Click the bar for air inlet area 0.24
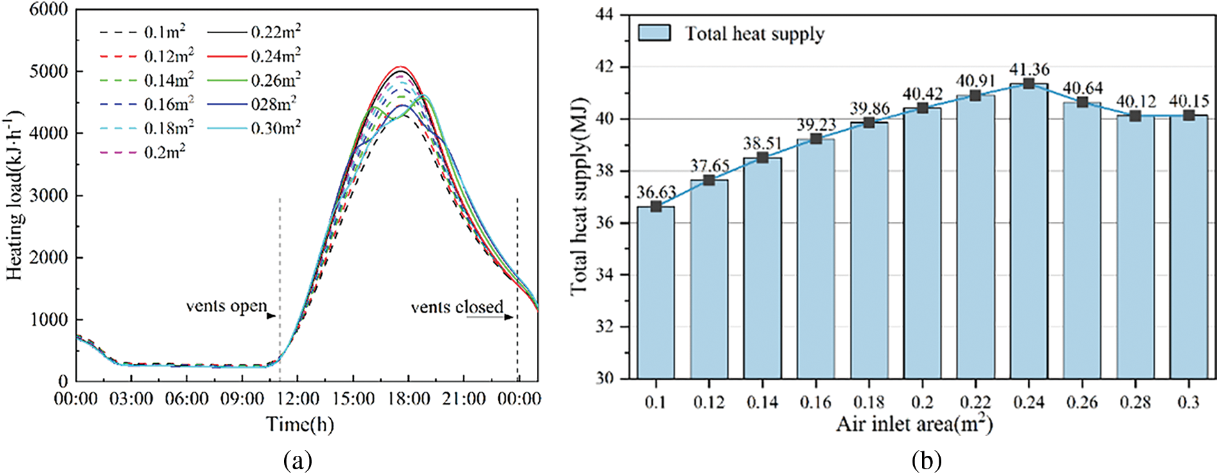(1029, 230)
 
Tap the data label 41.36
(1029, 69)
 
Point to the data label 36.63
(656, 192)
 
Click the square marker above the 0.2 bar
(922, 107)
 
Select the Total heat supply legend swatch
(654, 33)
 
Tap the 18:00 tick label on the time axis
(409, 400)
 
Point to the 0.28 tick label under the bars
(1135, 402)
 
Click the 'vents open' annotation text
(227, 306)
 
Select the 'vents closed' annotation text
(457, 308)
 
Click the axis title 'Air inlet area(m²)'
(914, 424)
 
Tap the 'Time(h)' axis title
(300, 424)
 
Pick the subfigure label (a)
(298, 460)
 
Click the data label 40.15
(1189, 101)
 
